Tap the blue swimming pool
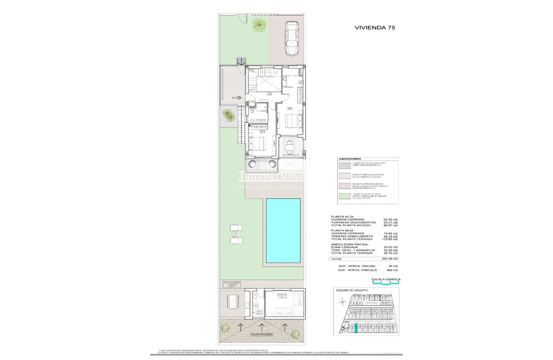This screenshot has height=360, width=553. [283, 231]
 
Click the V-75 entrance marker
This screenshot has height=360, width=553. [236, 98]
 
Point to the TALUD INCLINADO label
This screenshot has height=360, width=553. [262, 334]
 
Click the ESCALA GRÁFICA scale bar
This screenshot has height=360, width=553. [386, 283]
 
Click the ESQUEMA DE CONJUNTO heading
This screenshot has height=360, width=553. [352, 290]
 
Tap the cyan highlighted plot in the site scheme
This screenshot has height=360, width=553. [357, 328]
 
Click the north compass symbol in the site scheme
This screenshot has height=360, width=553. [342, 300]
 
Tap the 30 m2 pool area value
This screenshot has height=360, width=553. [391, 266]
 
